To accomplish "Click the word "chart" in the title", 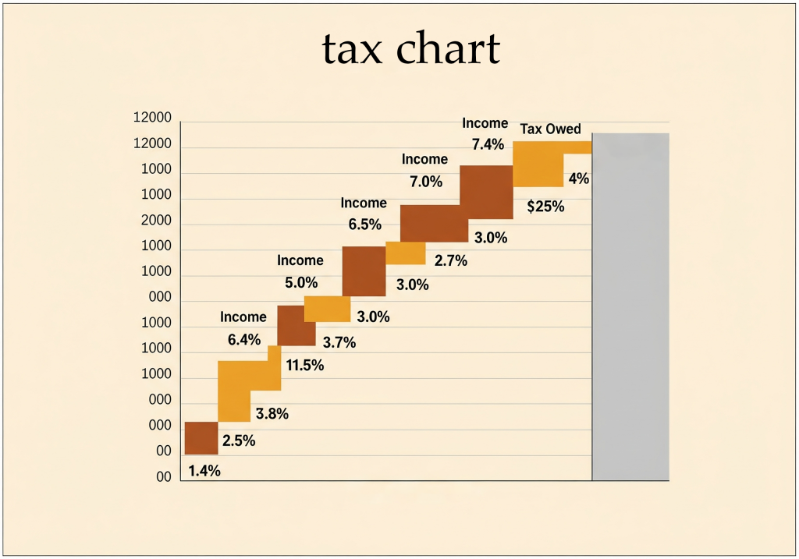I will pos(448,49).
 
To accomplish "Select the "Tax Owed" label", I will pos(550,129).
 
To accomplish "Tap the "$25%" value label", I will pos(545,207).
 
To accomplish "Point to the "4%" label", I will pos(578,179).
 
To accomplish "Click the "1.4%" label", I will pos(204,471).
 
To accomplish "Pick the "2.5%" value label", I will pos(239,440).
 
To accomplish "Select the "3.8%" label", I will pos(272,414).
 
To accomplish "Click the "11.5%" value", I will pos(304,365).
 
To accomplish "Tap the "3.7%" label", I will pos(339,341).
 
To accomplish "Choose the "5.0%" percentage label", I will pos(300,283).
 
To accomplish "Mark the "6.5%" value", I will pos(364,225).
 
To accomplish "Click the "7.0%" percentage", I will pos(425,182).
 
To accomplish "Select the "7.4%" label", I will pos(487,144).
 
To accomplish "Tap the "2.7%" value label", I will pos(450,261).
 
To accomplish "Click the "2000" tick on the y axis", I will pos(156,221).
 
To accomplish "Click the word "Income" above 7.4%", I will pos(485,123).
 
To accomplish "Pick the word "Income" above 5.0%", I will pos(300,260).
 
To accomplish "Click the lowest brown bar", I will pos(201,438).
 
